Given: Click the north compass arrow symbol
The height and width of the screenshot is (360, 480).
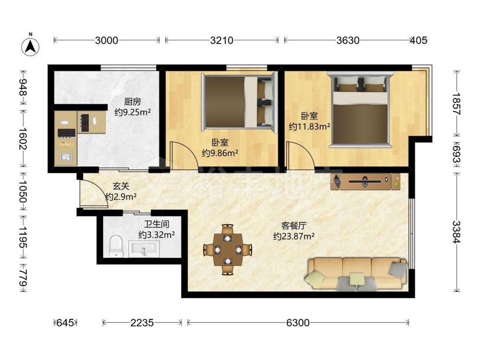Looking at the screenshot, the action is pyautogui.click(x=30, y=47).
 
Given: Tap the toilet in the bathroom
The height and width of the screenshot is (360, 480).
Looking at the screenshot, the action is pyautogui.click(x=116, y=246).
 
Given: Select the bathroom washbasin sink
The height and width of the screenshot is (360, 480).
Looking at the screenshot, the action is pyautogui.click(x=144, y=249).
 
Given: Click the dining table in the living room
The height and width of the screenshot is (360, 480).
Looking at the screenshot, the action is pyautogui.click(x=228, y=250).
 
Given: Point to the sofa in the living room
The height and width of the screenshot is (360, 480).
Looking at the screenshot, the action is pyautogui.click(x=356, y=274).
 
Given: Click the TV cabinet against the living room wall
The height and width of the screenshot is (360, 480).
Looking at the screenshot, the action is pyautogui.click(x=365, y=181).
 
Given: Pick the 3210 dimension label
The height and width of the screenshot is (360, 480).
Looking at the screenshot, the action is pyautogui.click(x=222, y=40).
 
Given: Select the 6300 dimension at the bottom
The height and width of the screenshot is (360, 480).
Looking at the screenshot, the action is pyautogui.click(x=298, y=323).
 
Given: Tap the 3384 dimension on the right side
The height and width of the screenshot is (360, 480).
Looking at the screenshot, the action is pyautogui.click(x=456, y=232).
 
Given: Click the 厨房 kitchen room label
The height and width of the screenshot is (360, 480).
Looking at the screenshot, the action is pyautogui.click(x=132, y=101).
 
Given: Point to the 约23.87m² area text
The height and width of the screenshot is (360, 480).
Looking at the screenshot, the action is pyautogui.click(x=294, y=236).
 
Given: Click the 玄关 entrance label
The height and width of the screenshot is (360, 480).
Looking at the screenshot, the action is pyautogui.click(x=121, y=186).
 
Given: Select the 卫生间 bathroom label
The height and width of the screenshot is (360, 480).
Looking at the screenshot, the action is pyautogui.click(x=156, y=224).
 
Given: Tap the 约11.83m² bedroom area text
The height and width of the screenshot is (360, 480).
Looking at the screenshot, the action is pyautogui.click(x=309, y=126).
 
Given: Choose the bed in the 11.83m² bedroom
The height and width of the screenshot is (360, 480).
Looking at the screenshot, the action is pyautogui.click(x=360, y=109).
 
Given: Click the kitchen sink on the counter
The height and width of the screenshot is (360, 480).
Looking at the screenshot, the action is pyautogui.click(x=66, y=157).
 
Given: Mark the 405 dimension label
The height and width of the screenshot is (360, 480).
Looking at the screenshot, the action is pyautogui.click(x=418, y=40).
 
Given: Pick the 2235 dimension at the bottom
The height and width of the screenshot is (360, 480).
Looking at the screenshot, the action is pyautogui.click(x=142, y=323).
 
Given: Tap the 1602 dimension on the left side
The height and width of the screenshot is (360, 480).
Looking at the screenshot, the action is pyautogui.click(x=23, y=138).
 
